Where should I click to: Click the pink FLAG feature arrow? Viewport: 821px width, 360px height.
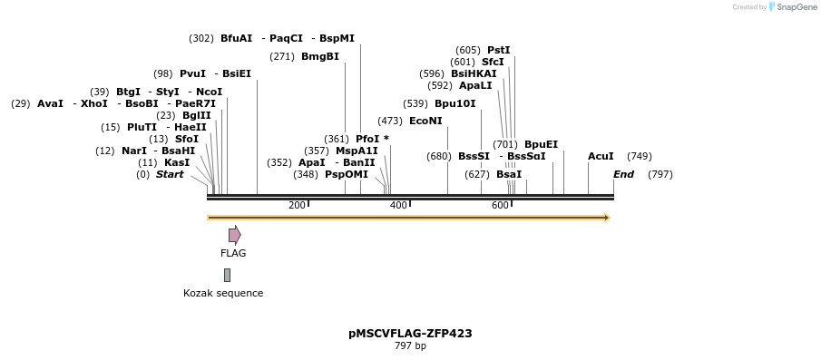point(234,235)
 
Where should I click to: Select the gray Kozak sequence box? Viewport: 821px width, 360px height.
point(227,275)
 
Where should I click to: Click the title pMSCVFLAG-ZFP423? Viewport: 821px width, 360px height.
point(410,333)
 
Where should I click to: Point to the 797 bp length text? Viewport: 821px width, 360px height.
point(410,345)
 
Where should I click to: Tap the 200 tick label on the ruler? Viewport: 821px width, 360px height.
point(297,206)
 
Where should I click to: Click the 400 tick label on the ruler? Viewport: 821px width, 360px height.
point(397,206)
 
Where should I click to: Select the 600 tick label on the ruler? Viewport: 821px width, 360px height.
point(500,206)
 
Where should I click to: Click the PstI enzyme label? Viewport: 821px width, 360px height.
point(498,50)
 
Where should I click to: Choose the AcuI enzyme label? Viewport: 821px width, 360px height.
point(601,156)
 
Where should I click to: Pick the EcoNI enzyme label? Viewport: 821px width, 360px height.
point(425,121)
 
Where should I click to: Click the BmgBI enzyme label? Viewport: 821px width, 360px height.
point(319,56)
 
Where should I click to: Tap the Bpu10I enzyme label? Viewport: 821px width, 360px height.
point(454,103)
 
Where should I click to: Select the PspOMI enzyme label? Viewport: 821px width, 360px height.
point(347,174)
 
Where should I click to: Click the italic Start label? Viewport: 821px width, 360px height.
point(170,174)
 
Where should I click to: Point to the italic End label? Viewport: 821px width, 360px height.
point(623,174)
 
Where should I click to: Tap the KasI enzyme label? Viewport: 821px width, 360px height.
point(177,162)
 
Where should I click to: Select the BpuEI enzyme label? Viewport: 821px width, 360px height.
point(541,144)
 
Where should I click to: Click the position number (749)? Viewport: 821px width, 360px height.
point(639,156)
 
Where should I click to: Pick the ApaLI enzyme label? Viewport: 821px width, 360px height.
point(475,85)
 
